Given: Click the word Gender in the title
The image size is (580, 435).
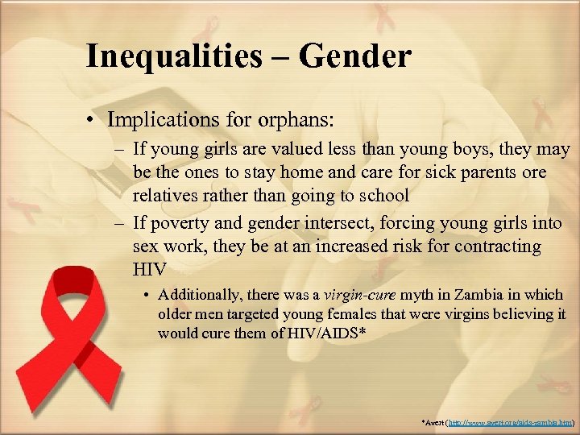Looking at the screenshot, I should pos(355,56).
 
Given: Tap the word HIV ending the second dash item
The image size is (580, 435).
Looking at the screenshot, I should pos(149,267).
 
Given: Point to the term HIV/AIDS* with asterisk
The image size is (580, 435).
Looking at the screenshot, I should pos(325,332).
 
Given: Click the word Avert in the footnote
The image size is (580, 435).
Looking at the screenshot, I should pos(432,422).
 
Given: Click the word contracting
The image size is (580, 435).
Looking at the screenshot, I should pos(499,245).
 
